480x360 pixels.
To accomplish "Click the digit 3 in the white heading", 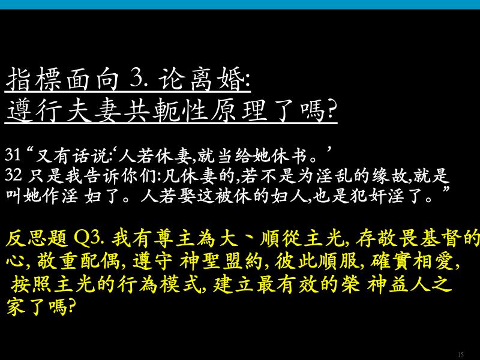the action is tap(135, 79).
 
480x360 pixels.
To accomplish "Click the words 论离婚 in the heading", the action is tap(201, 79).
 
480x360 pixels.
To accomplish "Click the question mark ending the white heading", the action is tap(331, 110).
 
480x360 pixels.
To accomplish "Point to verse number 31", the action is tap(13, 155).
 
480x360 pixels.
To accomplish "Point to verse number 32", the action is tap(13, 175).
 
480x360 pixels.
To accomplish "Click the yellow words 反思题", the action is tap(37, 239).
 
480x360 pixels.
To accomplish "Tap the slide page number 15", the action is tap(461, 355).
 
